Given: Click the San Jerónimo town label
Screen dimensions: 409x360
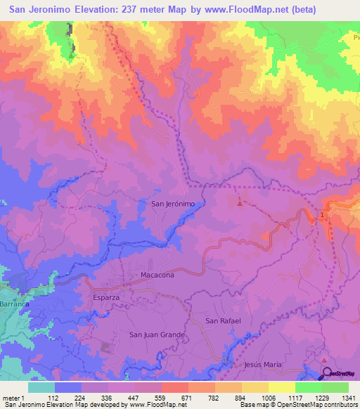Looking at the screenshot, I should (173, 203).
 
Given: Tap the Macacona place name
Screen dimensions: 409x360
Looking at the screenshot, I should (157, 275).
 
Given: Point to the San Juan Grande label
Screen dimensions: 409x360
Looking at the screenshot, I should (157, 335).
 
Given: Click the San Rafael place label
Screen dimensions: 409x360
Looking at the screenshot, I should (223, 320).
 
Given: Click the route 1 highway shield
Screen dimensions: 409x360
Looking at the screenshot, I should (323, 215).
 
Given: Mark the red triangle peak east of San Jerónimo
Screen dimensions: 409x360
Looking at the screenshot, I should (240, 204).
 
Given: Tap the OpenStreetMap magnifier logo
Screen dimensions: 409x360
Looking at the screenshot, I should (328, 373).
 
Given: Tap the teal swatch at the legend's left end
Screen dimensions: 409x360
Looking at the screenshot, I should (41, 387).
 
